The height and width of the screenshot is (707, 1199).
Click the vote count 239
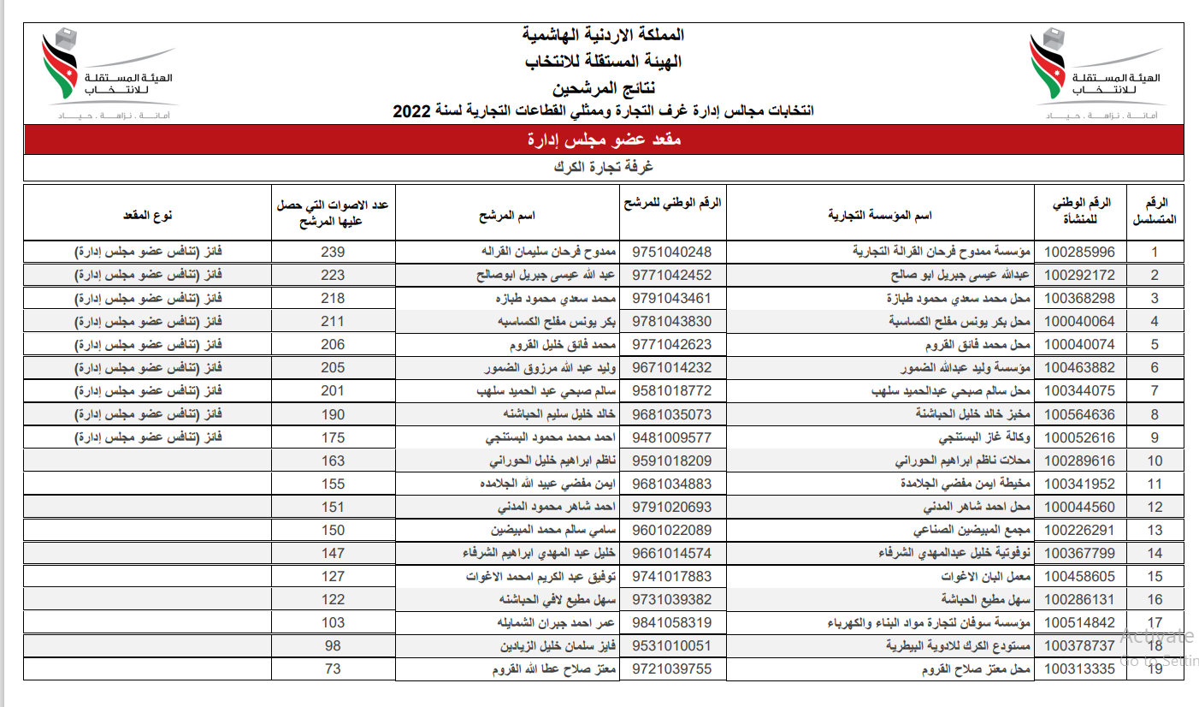point(333,252)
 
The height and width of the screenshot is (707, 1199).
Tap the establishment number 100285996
point(1080,252)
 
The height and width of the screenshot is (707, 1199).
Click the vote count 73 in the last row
point(333,668)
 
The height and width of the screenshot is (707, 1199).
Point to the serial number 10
point(1155,460)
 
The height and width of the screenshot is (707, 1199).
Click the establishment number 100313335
point(1080,668)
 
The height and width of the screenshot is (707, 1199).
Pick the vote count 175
point(333,437)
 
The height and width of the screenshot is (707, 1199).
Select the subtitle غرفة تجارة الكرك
point(604,167)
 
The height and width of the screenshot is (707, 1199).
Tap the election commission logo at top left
point(107,73)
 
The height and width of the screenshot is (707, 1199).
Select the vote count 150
point(333,530)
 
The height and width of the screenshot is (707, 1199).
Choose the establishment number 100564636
point(1080,414)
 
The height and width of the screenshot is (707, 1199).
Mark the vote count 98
point(333,645)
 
